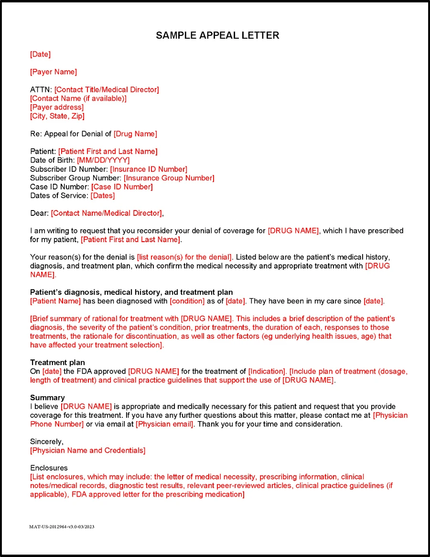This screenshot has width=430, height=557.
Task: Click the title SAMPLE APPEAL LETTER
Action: [217, 35]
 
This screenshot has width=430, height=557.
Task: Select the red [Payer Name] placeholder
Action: [54, 72]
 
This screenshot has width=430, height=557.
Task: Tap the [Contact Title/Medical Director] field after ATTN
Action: [107, 89]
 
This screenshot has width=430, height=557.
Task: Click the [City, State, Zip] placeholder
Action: [57, 116]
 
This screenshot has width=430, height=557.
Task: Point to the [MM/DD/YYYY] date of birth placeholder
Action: [103, 160]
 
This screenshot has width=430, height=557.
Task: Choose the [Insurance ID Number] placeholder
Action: [149, 169]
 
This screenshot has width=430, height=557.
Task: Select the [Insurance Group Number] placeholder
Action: [169, 178]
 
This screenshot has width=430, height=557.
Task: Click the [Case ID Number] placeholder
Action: [122, 187]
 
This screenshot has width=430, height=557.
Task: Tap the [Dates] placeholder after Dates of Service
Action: [103, 195]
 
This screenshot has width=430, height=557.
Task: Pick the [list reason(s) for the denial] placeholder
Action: [184, 257]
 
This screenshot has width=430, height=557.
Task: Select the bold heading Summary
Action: [47, 398]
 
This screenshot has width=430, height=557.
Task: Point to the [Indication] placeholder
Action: [267, 371]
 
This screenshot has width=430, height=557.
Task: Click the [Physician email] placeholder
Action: [165, 424]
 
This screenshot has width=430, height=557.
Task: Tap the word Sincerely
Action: [47, 442]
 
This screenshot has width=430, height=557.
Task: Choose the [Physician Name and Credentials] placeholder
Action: [88, 450]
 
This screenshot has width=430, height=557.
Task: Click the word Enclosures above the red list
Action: [49, 468]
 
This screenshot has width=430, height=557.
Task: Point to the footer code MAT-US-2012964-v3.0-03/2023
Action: [62, 526]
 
